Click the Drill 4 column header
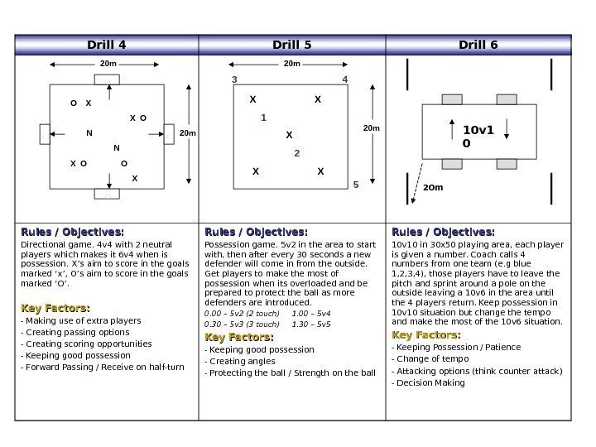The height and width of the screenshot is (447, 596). pyautogui.click(x=107, y=45)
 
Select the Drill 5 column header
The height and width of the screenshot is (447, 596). pyautogui.click(x=291, y=45)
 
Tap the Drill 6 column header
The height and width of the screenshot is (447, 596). pyautogui.click(x=478, y=45)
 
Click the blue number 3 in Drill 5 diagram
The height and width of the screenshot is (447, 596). pyautogui.click(x=234, y=80)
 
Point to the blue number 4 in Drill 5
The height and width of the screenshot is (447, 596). pyautogui.click(x=346, y=80)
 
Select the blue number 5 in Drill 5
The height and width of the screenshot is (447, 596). pyautogui.click(x=356, y=185)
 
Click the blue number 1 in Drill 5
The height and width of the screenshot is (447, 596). pyautogui.click(x=263, y=118)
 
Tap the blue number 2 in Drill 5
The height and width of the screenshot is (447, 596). pyautogui.click(x=296, y=153)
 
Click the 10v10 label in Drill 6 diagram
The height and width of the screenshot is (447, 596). pyautogui.click(x=477, y=137)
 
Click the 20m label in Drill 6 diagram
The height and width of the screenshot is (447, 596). pyautogui.click(x=433, y=188)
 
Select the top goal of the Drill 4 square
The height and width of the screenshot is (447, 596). pyautogui.click(x=107, y=79)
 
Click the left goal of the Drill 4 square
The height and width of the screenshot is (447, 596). pyautogui.click(x=45, y=133)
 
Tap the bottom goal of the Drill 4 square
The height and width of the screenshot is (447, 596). pyautogui.click(x=107, y=193)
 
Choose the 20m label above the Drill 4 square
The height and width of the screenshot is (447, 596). pyautogui.click(x=107, y=63)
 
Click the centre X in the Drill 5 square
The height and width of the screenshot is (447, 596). pyautogui.click(x=289, y=135)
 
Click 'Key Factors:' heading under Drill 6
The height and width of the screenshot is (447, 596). pyautogui.click(x=425, y=334)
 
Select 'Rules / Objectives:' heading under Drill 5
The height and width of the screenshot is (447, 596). pyautogui.click(x=256, y=232)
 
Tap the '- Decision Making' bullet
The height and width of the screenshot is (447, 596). pyautogui.click(x=428, y=383)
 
